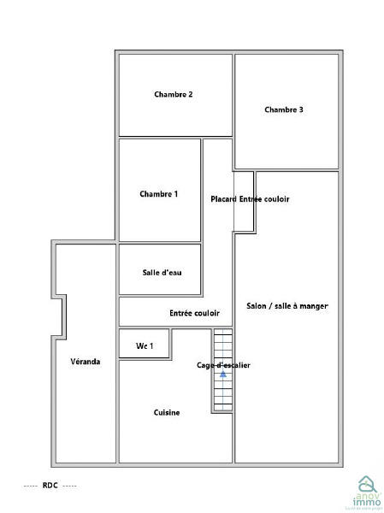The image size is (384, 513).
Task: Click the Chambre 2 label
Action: (x=173, y=95)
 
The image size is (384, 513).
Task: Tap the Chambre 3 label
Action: (x=284, y=109)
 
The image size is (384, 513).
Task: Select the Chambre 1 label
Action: (x=159, y=194)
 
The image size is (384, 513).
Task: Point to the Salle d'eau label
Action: (x=162, y=273)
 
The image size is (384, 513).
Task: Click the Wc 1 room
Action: (x=145, y=345)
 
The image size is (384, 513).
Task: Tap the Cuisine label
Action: (x=167, y=413)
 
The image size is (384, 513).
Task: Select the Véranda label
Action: (x=86, y=362)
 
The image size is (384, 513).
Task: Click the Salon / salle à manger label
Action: (x=287, y=306)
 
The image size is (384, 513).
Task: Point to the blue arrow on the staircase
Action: (x=222, y=374)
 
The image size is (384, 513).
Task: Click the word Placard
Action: (x=224, y=199)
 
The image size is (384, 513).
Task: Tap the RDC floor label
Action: (x=50, y=486)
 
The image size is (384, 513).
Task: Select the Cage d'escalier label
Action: (x=223, y=365)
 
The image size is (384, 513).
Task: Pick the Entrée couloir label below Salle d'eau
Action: (x=194, y=314)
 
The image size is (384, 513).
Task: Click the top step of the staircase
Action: (x=223, y=333)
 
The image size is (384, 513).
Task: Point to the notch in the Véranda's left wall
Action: (x=60, y=316)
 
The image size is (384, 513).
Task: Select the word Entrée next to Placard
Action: (x=251, y=199)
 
